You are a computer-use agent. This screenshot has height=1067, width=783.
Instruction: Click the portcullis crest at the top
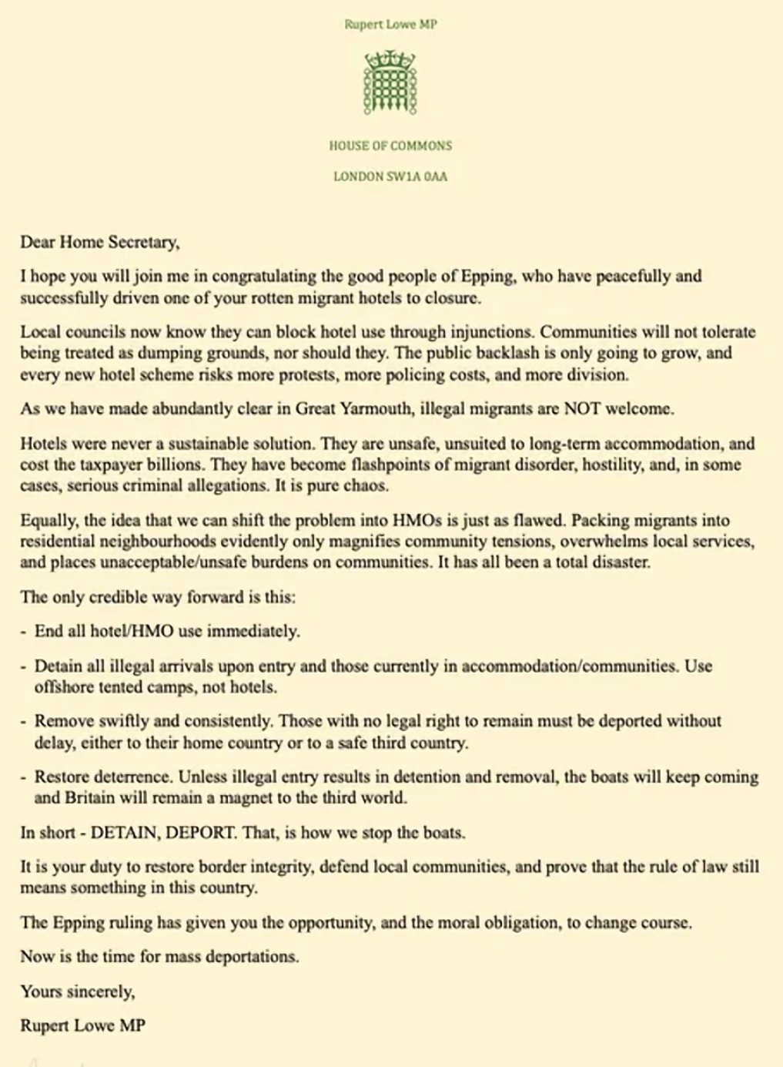pyautogui.click(x=390, y=82)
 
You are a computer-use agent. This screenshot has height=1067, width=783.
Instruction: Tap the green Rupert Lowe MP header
pyautogui.click(x=390, y=24)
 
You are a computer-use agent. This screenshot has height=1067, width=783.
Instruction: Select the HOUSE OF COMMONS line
pyautogui.click(x=390, y=146)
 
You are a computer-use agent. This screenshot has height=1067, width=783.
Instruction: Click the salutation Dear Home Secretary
pyautogui.click(x=100, y=243)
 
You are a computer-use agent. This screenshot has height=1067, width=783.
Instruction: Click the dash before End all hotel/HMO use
pyautogui.click(x=24, y=631)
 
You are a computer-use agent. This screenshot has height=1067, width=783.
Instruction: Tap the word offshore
pyautogui.click(x=63, y=686)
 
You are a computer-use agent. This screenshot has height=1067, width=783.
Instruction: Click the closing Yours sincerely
pyautogui.click(x=78, y=992)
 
